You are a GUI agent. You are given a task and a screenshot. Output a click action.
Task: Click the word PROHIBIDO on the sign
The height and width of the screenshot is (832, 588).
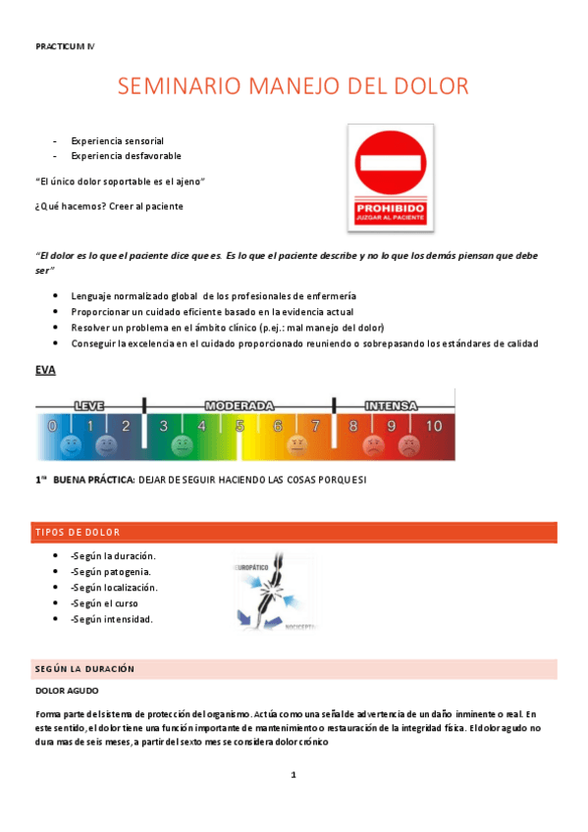pos(390,207)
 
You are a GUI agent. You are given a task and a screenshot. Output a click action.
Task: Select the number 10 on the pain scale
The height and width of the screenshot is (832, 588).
pos(433,426)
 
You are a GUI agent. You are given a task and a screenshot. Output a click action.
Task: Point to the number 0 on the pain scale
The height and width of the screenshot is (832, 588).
pos(53,426)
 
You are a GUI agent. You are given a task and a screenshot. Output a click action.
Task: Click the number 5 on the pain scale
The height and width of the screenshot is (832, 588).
pos(240,426)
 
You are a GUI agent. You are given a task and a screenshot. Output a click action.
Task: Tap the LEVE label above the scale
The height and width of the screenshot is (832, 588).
pos(89,404)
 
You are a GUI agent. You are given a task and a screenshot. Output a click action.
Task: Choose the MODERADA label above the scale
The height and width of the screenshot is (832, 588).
pos(239,404)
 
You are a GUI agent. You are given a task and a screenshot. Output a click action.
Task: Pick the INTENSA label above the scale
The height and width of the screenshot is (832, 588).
pos(391,404)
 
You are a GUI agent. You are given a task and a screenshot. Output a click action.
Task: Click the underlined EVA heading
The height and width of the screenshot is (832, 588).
pos(45,370)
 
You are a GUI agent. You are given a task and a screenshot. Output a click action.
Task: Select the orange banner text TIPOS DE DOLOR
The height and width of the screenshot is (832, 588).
pos(78,533)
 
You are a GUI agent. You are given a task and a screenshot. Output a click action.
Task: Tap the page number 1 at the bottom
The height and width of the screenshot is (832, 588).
pos(293,775)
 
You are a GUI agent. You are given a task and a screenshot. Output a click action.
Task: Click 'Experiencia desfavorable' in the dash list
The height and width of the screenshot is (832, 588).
pos(126,155)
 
